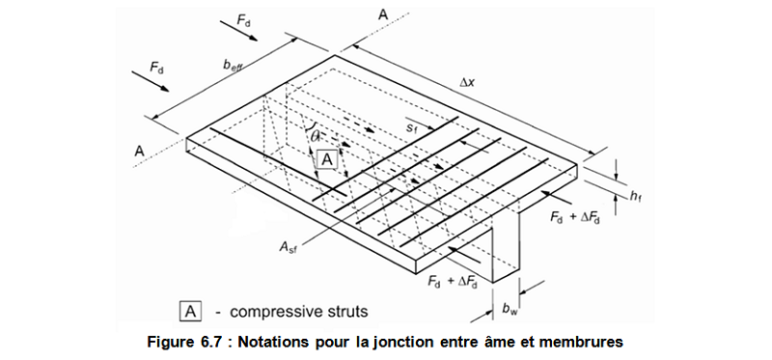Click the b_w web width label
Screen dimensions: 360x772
509,309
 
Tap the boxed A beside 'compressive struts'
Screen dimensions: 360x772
191,311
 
